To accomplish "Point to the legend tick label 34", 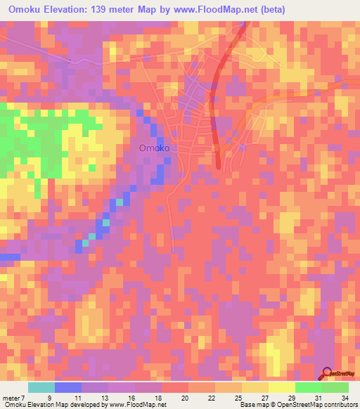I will tap(345, 396).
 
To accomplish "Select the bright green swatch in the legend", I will tap(309, 387).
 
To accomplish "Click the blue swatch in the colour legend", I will tap(68, 387).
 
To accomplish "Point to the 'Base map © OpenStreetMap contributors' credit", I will tap(297, 405).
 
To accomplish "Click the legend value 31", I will tap(317, 396).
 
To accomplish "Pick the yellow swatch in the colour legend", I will tap(282, 387).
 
